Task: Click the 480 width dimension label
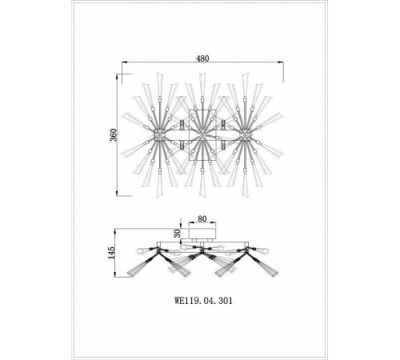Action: tap(202, 58)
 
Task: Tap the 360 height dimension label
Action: tap(114, 135)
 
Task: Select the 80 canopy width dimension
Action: tap(202, 218)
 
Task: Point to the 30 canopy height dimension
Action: tap(178, 234)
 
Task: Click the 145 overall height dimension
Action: tap(110, 253)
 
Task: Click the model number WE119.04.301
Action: tap(203, 301)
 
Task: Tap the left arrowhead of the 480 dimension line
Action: tap(125, 62)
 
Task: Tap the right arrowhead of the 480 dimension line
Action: tap(281, 62)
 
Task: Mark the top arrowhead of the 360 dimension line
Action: tap(117, 77)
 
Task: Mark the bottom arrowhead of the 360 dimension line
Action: tap(117, 193)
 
